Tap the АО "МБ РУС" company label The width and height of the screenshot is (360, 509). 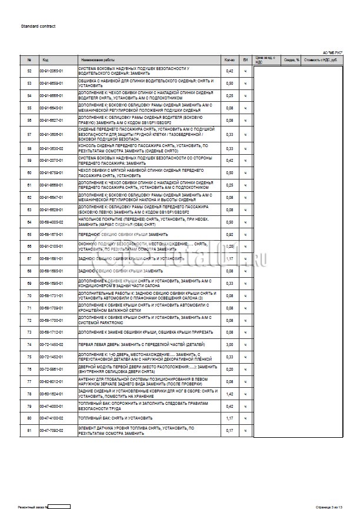coord(332,53)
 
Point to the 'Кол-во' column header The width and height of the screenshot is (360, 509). coord(230,60)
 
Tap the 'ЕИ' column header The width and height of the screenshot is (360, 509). coord(246,60)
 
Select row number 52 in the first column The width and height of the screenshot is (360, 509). coord(29,71)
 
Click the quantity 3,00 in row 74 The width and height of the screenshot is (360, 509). coord(230,345)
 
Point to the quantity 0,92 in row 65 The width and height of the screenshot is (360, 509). coord(230,234)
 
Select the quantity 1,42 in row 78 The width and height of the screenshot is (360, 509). coord(230,394)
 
